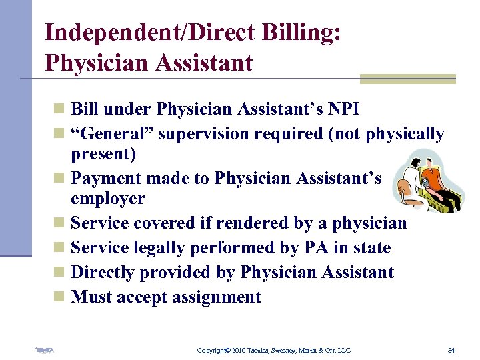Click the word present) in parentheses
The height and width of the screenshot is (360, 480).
click(103, 154)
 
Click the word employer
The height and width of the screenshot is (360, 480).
click(107, 198)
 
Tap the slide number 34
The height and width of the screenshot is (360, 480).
click(451, 350)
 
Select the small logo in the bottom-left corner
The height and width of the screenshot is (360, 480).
click(44, 350)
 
